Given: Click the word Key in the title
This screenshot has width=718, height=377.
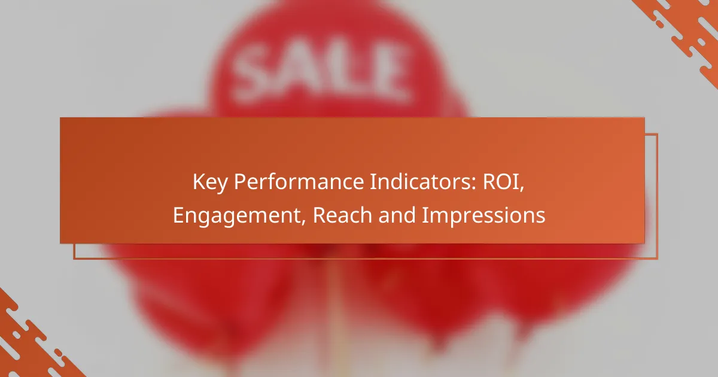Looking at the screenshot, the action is point(210,182).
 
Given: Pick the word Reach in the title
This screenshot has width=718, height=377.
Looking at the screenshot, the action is point(342,215).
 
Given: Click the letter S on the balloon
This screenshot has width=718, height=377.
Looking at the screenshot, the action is point(254,73).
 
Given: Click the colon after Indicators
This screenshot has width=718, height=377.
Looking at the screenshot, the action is point(474,184).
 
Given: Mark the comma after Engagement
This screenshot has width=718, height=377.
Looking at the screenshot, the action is point(303,222).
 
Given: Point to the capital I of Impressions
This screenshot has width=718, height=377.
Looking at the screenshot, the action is point(424,215).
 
